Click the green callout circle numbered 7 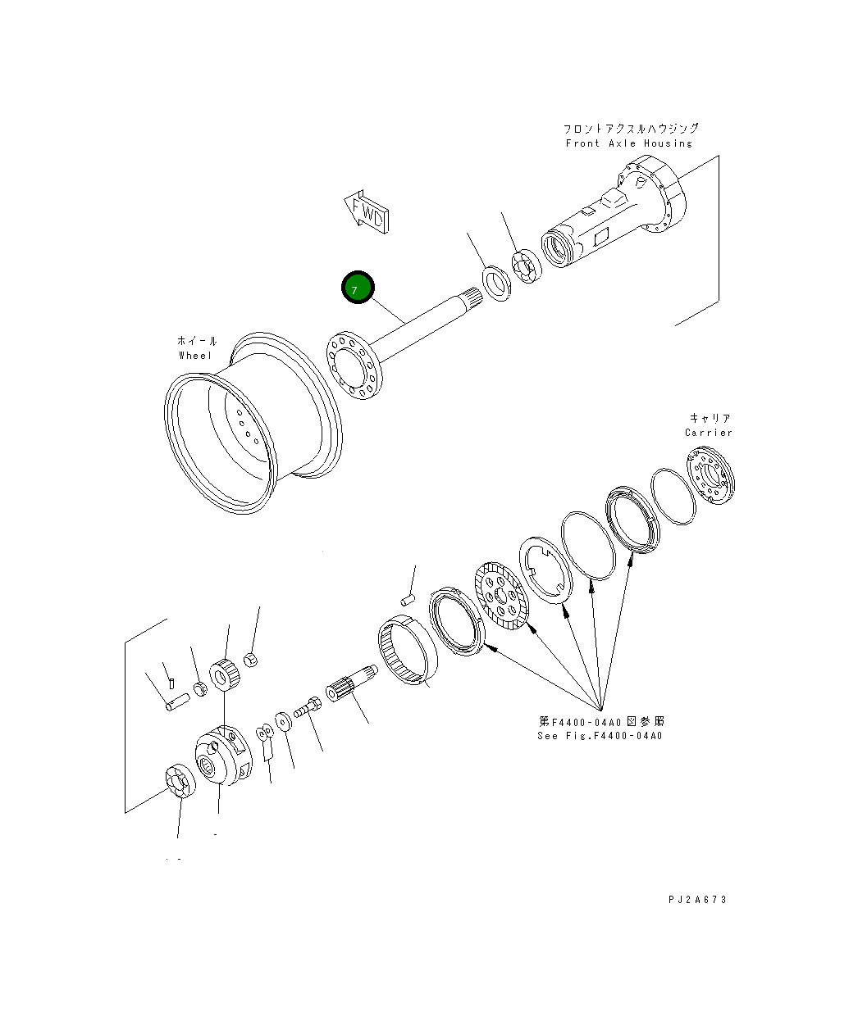click(x=358, y=288)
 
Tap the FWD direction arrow click(x=367, y=211)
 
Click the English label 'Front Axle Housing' click(x=629, y=143)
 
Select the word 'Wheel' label click(x=195, y=356)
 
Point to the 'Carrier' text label click(x=709, y=433)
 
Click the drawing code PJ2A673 click(x=697, y=899)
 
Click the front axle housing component click(x=614, y=211)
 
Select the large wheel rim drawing click(x=253, y=423)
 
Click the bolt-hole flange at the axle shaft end click(x=354, y=365)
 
